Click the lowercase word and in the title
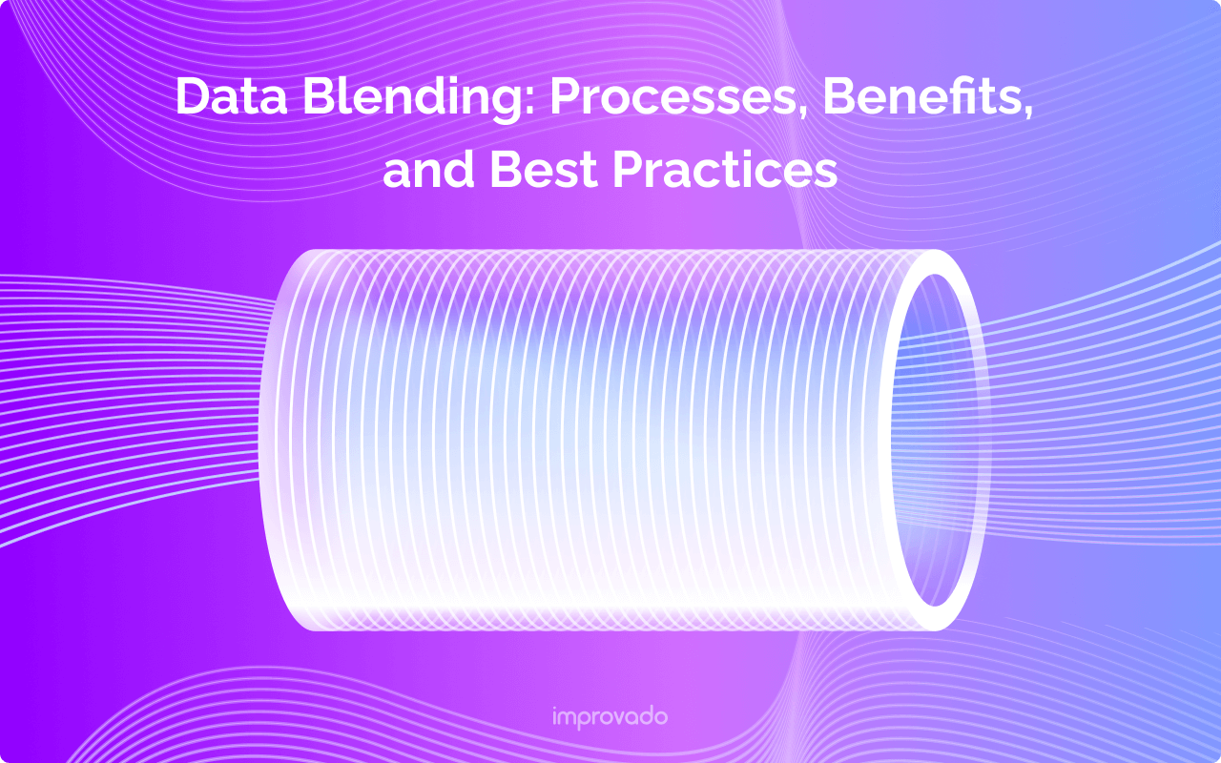(428, 170)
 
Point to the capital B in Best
(505, 170)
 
